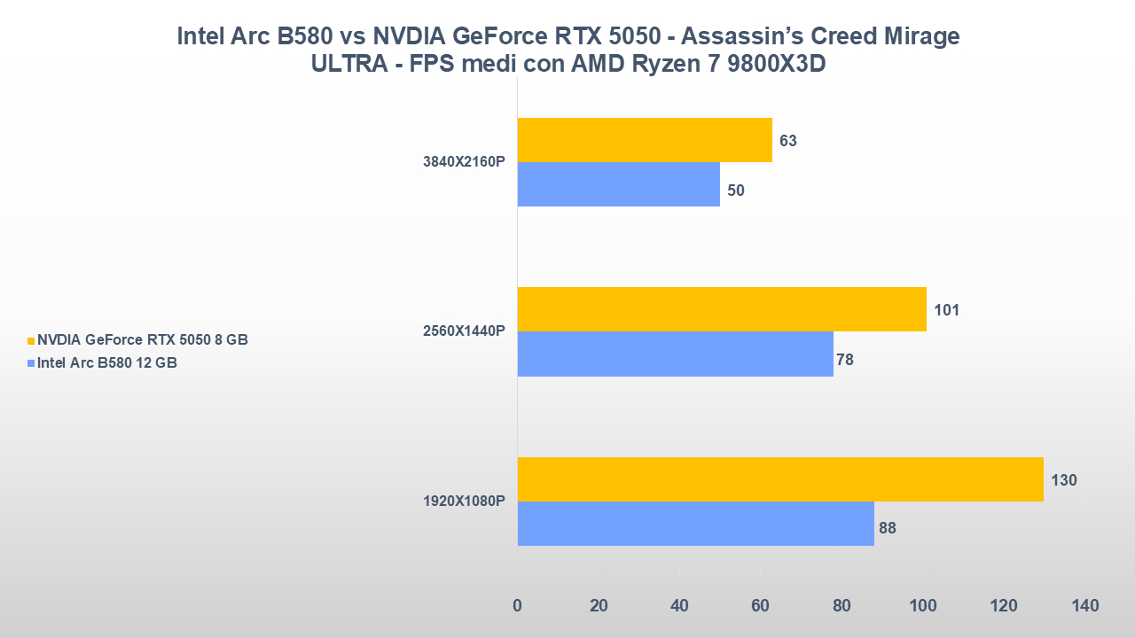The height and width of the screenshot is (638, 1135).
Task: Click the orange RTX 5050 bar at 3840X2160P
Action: (x=645, y=140)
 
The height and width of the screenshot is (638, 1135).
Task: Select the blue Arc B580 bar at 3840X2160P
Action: (x=618, y=184)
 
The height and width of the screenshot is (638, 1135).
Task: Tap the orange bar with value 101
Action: (x=722, y=309)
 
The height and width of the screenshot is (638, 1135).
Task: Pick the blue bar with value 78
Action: (x=675, y=354)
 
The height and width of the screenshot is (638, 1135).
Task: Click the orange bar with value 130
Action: (x=780, y=479)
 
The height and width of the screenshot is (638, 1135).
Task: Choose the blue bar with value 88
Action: (x=695, y=524)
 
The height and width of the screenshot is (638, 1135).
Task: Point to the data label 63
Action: (x=788, y=141)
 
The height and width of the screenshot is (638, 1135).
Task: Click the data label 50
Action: (x=736, y=190)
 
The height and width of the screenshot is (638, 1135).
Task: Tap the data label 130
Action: (x=1064, y=480)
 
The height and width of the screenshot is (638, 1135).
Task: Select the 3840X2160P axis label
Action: (x=464, y=162)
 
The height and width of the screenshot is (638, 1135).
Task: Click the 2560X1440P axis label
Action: (x=464, y=331)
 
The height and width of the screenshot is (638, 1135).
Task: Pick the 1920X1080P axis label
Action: (x=464, y=502)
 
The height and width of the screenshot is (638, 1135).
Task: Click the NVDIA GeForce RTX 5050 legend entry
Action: (x=142, y=340)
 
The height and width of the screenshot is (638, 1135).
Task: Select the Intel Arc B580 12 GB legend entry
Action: (x=106, y=362)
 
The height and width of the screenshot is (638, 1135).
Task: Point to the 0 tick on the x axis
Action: (x=517, y=606)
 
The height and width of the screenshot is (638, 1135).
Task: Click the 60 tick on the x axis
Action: (x=761, y=606)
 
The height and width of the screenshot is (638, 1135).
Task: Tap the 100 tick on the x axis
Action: (x=923, y=606)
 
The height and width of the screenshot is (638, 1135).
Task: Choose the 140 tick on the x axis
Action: (x=1084, y=606)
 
